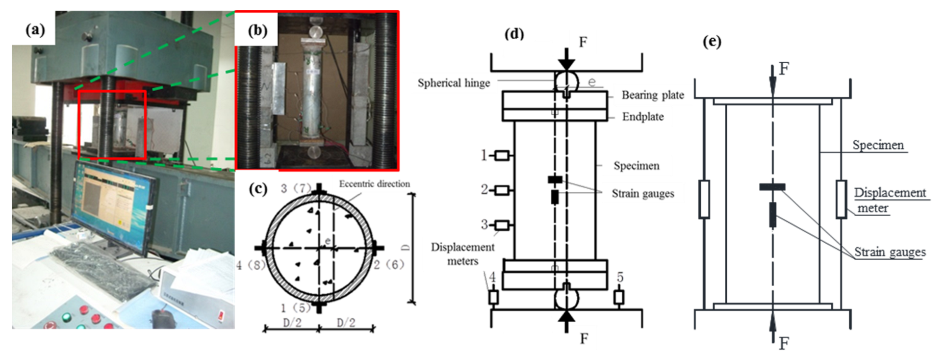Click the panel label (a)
(35, 30)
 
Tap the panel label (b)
(258, 31)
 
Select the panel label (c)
(258, 189)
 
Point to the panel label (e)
(712, 41)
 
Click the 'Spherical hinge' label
(453, 83)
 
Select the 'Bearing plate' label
(652, 95)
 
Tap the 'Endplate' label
(643, 117)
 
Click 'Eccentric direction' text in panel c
(374, 184)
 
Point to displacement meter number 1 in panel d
(502, 156)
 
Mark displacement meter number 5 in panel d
(619, 296)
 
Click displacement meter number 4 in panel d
(493, 297)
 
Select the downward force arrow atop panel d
(566, 60)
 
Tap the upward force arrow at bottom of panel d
(566, 320)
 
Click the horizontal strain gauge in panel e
(772, 187)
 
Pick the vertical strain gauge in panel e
(773, 214)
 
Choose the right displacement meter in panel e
(841, 199)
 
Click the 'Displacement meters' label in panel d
(462, 254)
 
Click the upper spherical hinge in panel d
(566, 82)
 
